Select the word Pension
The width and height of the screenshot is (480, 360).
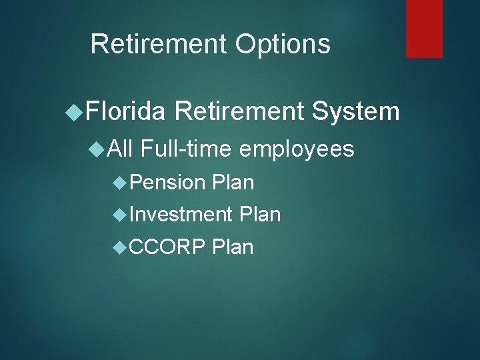tap(167, 181)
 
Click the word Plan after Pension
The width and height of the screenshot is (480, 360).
tap(233, 181)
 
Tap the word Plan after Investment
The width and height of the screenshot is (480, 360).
tap(259, 214)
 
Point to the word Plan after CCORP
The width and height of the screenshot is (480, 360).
tap(233, 247)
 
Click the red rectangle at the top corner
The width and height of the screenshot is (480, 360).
tap(424, 28)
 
